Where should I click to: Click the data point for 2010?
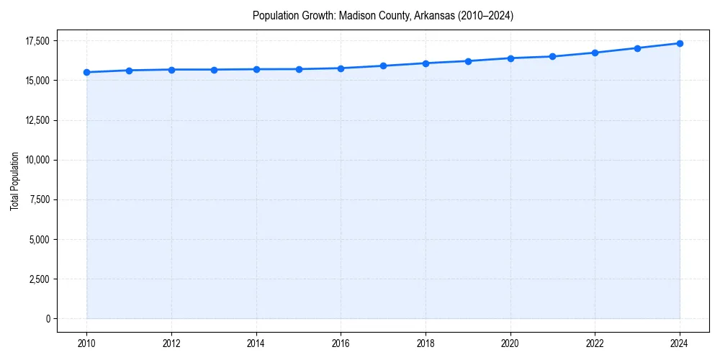(x=86, y=72)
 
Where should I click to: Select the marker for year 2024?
(x=680, y=43)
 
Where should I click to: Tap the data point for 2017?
(x=383, y=66)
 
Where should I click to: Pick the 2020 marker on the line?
(x=510, y=58)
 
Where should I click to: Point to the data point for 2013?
(x=214, y=70)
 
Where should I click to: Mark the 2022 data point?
(x=595, y=53)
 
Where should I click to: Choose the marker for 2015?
(x=299, y=69)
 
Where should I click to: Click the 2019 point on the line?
(x=468, y=61)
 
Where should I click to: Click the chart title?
(x=383, y=15)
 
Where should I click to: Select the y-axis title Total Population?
(x=14, y=181)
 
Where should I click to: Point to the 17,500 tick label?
(x=36, y=41)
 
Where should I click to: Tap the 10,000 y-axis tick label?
(x=36, y=160)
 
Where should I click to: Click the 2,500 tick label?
(x=39, y=279)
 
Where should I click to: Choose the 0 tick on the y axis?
(x=48, y=318)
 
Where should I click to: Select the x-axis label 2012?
(x=171, y=343)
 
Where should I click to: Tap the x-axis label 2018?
(x=426, y=343)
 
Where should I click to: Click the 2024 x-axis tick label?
(x=680, y=343)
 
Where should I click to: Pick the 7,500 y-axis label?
(x=39, y=199)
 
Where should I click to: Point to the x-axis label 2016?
(x=341, y=343)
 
